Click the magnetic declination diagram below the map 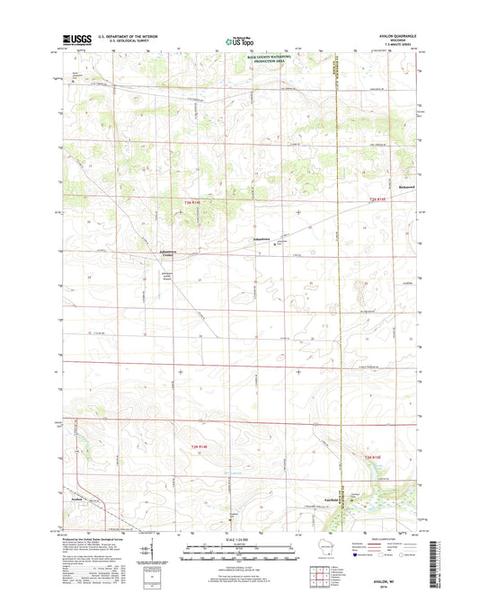pos(147,550)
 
